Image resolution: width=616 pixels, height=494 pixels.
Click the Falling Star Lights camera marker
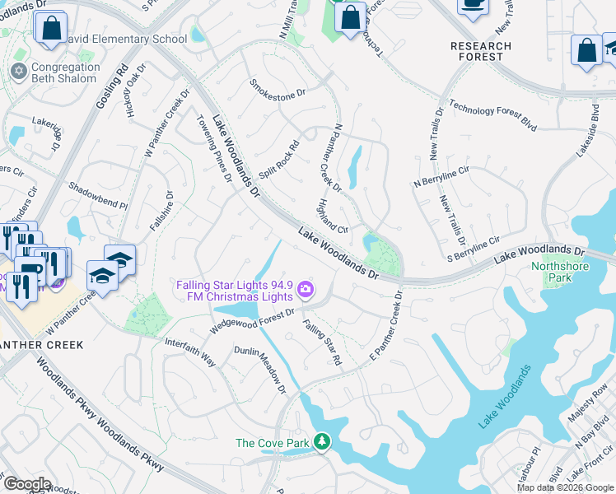306,289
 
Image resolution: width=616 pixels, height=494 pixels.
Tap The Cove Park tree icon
323,443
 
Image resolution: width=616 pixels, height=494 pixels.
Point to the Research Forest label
477,51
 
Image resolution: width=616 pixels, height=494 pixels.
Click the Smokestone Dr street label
278,90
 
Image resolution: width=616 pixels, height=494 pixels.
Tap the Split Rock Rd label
279,160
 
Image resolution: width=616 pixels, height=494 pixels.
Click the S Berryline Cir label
474,248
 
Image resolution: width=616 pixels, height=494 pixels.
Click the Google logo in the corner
28,483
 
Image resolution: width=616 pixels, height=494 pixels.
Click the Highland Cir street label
334,216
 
